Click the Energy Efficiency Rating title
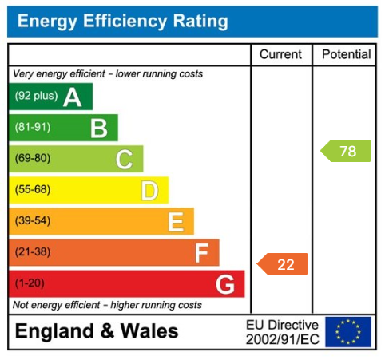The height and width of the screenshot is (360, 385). click(122, 22)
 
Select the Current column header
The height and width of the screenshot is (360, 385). click(281, 55)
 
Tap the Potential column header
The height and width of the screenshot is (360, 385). click(346, 55)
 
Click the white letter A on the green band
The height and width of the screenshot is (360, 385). click(73, 97)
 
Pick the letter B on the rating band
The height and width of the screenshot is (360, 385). click(99, 128)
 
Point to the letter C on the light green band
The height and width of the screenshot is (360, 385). click(124, 160)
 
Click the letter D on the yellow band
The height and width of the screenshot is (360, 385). click(149, 191)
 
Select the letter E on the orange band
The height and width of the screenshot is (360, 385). click(176, 222)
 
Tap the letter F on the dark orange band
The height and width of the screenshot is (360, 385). click(201, 253)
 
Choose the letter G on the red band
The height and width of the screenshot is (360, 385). click(226, 284)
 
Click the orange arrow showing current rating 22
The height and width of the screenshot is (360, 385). click(283, 264)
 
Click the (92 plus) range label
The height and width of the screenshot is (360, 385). click(37, 97)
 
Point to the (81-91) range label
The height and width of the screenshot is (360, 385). click(33, 128)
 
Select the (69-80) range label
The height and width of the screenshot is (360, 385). click(33, 159)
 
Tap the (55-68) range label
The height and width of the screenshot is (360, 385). click(33, 190)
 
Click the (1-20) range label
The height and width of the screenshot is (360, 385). click(30, 283)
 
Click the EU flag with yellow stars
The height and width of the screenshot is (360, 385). click(348, 331)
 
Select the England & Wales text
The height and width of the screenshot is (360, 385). click(97, 331)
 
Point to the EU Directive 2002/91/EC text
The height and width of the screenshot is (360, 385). click(282, 332)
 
